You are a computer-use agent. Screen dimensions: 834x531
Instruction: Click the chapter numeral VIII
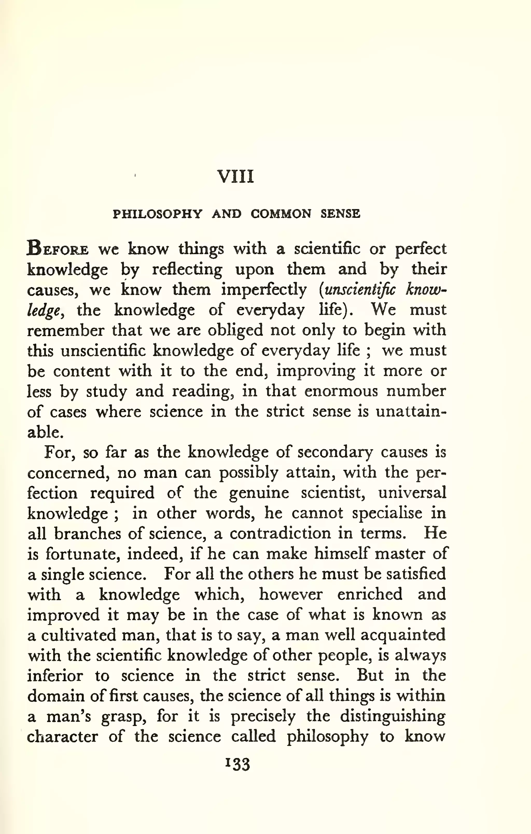coord(235,176)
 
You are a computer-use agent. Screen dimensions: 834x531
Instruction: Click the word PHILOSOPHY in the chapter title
coord(157,214)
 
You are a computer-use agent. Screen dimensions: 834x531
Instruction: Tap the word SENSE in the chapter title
coord(340,214)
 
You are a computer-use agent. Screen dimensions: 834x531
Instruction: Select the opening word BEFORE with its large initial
coord(58,249)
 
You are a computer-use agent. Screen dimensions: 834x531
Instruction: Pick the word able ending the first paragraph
coord(45,432)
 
